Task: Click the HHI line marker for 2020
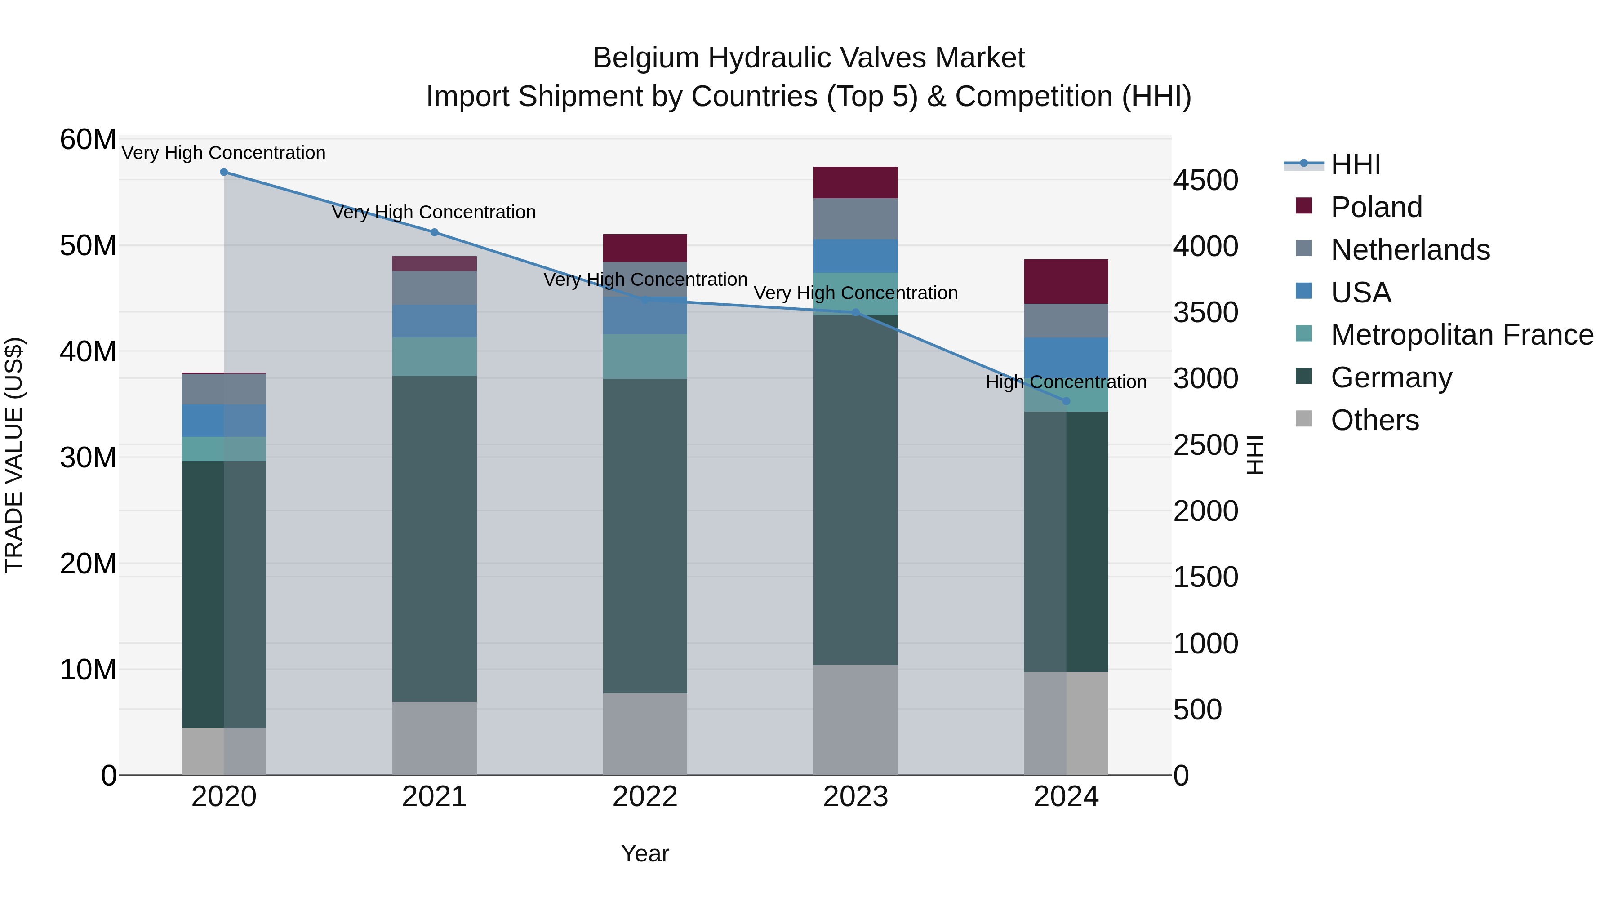click(224, 172)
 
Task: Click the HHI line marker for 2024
click(1066, 401)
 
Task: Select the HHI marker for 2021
click(434, 232)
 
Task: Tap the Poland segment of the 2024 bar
click(1066, 281)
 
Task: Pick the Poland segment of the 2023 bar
click(855, 183)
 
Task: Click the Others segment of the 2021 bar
click(434, 738)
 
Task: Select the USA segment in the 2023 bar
click(855, 256)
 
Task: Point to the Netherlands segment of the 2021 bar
click(434, 288)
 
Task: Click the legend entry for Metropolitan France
click(1462, 335)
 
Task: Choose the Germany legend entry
click(1391, 377)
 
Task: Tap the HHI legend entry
click(1356, 164)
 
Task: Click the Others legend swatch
click(1304, 419)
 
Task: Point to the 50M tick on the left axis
click(88, 245)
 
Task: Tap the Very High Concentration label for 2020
click(224, 153)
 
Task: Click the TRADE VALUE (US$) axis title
click(14, 455)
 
